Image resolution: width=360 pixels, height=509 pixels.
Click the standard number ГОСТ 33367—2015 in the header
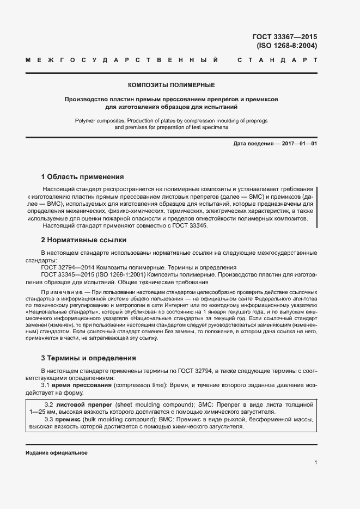click(x=285, y=37)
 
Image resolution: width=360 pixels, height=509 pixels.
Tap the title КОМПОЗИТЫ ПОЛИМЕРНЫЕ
click(x=171, y=85)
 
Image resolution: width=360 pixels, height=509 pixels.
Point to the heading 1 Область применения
click(x=82, y=177)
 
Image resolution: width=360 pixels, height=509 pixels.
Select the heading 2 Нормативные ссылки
click(x=84, y=240)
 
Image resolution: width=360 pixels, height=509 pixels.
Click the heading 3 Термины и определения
click(x=89, y=358)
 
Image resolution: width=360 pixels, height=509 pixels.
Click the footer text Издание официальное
click(x=57, y=453)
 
